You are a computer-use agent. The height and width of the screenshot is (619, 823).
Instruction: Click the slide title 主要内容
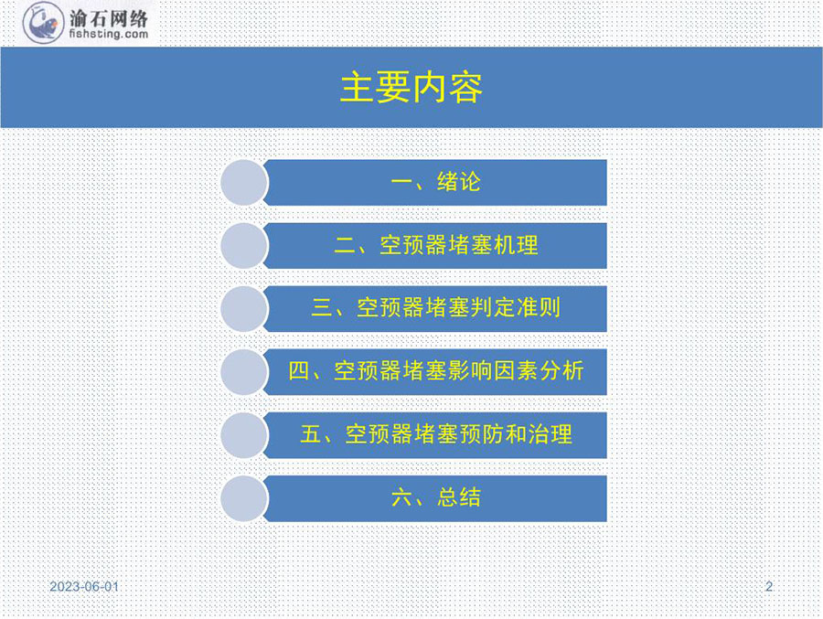411,88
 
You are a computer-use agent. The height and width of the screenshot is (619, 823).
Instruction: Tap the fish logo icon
43,23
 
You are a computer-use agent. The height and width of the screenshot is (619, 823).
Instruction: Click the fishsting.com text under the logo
109,34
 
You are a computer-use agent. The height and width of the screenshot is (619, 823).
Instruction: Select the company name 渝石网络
109,18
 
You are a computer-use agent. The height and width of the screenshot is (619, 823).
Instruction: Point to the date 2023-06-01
84,586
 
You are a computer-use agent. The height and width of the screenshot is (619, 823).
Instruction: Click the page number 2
769,586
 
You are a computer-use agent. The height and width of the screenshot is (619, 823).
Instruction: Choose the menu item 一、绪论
435,182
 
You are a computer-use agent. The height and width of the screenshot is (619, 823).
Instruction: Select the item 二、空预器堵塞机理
435,245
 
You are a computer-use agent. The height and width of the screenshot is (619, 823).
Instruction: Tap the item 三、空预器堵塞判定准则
435,307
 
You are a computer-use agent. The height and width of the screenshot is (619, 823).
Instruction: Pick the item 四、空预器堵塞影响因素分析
435,371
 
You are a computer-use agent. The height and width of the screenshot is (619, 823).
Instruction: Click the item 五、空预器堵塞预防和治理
435,434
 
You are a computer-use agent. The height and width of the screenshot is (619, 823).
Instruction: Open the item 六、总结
435,497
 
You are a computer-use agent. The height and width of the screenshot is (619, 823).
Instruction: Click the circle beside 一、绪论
244,183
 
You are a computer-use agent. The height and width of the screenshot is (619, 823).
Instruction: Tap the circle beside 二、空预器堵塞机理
244,246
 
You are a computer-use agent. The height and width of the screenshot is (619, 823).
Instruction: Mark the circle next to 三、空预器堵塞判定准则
244,309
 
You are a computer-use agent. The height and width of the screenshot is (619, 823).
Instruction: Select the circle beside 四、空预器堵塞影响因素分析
244,372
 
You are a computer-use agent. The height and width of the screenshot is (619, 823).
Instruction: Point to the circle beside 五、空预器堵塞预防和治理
244,435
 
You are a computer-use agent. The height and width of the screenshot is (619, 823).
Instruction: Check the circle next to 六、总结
244,498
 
